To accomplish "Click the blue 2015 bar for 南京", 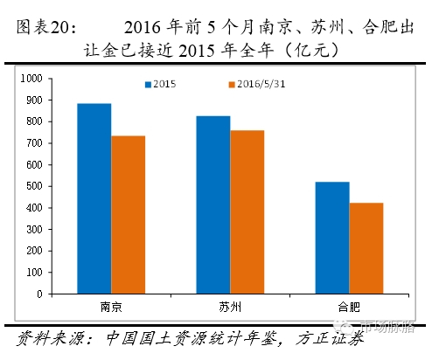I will tap(94, 199).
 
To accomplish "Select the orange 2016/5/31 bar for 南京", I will tap(128, 215).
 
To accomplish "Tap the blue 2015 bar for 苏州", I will tap(213, 205).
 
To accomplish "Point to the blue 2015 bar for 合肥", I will tap(331, 238).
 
